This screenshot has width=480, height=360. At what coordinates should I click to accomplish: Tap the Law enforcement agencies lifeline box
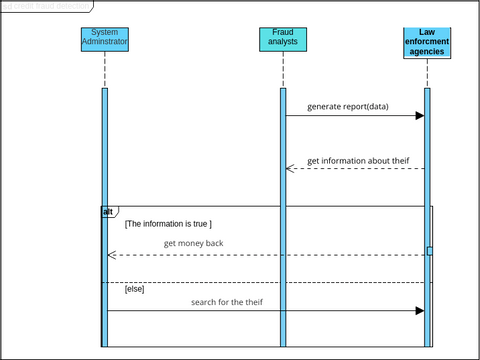tap(427, 43)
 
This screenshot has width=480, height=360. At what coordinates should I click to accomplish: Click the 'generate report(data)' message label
tap(347, 106)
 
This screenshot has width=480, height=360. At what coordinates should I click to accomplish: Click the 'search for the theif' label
tap(227, 301)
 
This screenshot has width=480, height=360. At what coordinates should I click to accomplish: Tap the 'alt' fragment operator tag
tap(108, 212)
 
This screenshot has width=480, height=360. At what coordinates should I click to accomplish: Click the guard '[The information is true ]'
tap(168, 224)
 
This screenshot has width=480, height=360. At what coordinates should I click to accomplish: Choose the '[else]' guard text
tap(135, 290)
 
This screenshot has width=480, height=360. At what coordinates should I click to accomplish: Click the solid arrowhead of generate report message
tap(420, 116)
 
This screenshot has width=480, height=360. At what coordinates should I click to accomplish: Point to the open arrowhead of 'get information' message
tap(291, 168)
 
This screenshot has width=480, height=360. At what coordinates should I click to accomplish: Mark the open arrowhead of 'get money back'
tap(112, 255)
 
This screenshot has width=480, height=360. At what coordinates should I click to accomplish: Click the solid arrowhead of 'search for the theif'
tap(420, 311)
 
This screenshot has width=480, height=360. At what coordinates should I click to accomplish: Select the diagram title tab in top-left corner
tap(45, 6)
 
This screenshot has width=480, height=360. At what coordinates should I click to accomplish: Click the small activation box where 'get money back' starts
tap(429, 251)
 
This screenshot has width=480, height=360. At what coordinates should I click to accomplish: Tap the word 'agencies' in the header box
tap(427, 52)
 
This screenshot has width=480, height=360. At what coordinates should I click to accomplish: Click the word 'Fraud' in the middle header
tap(283, 33)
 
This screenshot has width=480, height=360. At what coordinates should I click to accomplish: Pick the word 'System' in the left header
tap(104, 33)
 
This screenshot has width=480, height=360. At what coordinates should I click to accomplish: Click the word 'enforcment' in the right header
tap(427, 43)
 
